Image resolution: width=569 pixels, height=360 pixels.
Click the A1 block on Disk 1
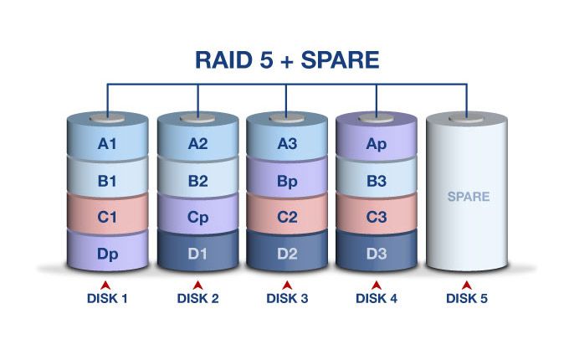click(107, 144)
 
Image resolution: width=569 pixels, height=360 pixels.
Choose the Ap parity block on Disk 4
click(377, 144)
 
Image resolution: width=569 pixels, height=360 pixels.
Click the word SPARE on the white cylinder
click(468, 198)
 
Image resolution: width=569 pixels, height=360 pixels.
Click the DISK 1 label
click(107, 298)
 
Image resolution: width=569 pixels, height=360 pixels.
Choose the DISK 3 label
click(288, 298)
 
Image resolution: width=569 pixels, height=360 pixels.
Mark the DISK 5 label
click(468, 298)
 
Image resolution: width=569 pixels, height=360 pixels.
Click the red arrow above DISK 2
click(198, 285)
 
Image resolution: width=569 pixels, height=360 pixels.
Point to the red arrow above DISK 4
click(377, 285)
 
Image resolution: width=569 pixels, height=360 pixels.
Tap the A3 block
click(288, 144)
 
